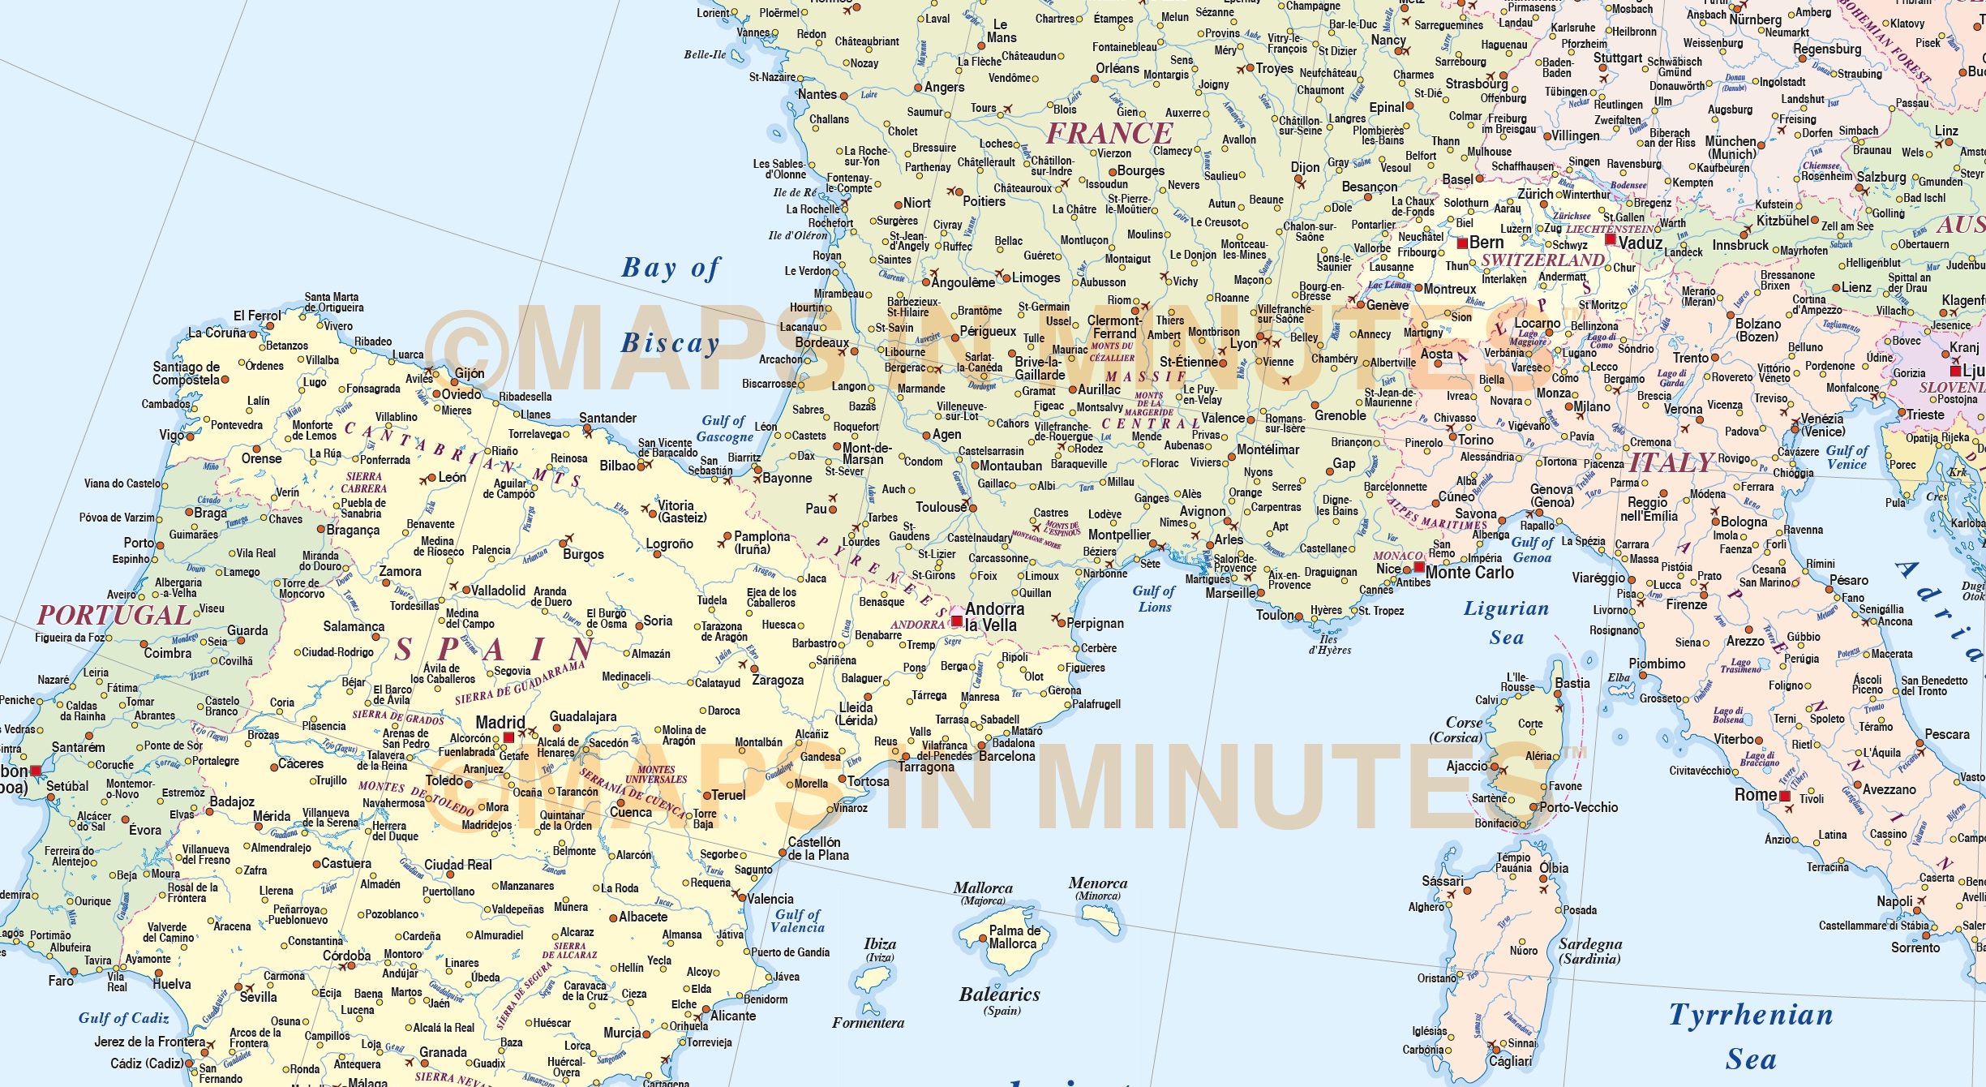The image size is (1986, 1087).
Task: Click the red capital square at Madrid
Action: [x=508, y=737]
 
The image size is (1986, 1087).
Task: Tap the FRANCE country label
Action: [x=1109, y=134]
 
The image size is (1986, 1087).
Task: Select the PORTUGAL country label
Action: [x=114, y=615]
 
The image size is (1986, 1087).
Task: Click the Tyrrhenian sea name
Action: [x=1751, y=1016]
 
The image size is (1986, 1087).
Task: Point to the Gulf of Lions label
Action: [x=1154, y=599]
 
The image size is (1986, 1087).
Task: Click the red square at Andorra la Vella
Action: [x=957, y=621]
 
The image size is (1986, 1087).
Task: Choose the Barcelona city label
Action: [x=1006, y=756]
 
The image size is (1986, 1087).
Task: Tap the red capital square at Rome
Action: [x=1785, y=797]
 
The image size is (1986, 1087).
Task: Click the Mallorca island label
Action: [x=983, y=888]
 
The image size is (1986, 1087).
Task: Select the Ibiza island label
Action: [x=880, y=944]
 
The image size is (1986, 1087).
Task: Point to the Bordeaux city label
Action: [x=821, y=343]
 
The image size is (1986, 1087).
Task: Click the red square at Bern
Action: [x=1462, y=243]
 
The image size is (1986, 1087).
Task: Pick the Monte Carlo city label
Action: [x=1469, y=573]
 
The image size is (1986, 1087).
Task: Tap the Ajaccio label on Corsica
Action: [x=1466, y=766]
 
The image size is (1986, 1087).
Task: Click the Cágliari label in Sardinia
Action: [x=1510, y=1061]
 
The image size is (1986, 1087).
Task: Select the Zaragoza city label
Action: [x=778, y=681]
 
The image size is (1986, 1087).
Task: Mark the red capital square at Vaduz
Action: [x=1611, y=239]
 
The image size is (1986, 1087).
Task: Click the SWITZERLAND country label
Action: [x=1542, y=260]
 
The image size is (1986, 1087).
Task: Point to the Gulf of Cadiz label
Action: [x=123, y=1018]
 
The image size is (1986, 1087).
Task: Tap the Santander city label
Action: [x=607, y=418]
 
